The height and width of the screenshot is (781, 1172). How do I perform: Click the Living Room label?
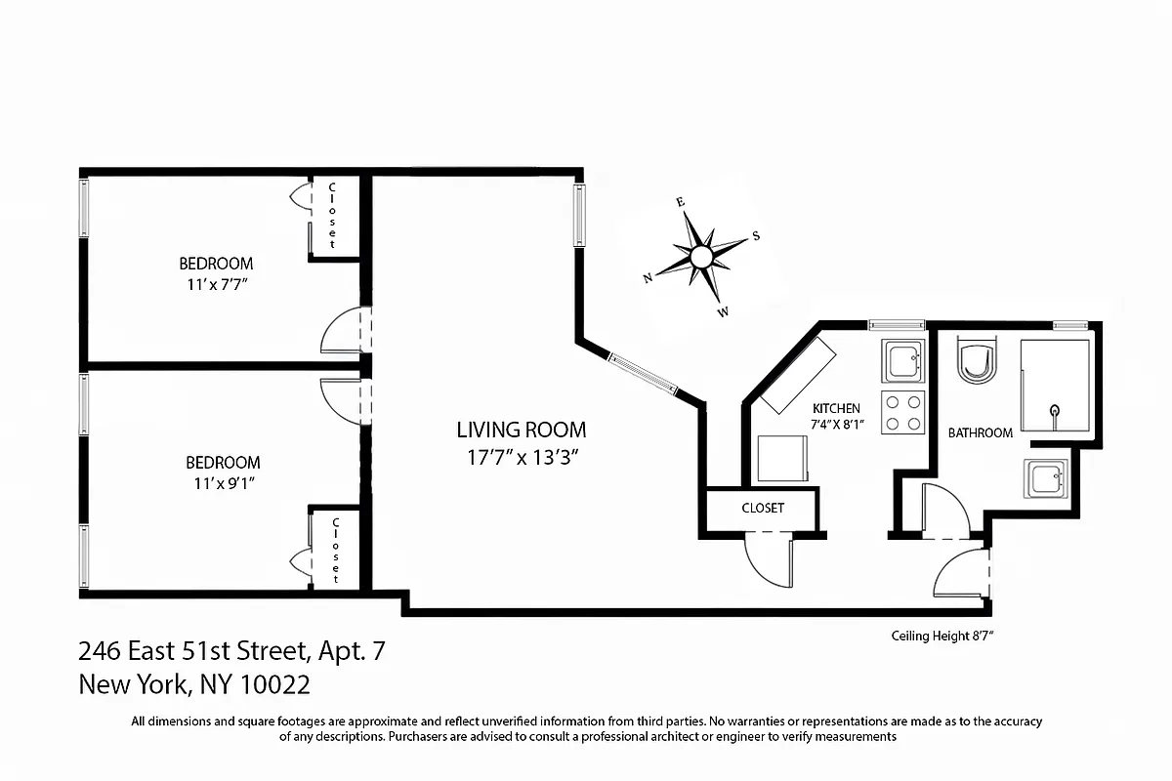(522, 429)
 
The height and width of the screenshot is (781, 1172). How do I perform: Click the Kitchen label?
(836, 408)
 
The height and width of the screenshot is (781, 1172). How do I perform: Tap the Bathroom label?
(981, 432)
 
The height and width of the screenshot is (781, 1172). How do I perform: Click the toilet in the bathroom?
(978, 364)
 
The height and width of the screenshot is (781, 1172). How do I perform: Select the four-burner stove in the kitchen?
(903, 411)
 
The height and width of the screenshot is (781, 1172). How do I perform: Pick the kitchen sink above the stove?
(902, 363)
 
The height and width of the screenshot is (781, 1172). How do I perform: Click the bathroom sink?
(1048, 479)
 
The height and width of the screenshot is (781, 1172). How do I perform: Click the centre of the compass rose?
(700, 257)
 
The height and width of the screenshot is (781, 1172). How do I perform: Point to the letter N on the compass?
(647, 278)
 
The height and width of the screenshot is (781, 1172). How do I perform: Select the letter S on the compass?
(755, 235)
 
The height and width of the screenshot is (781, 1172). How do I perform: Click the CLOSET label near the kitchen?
(763, 509)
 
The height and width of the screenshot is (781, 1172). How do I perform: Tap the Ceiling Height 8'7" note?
(942, 636)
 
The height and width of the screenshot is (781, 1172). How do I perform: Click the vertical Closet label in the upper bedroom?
(332, 214)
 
